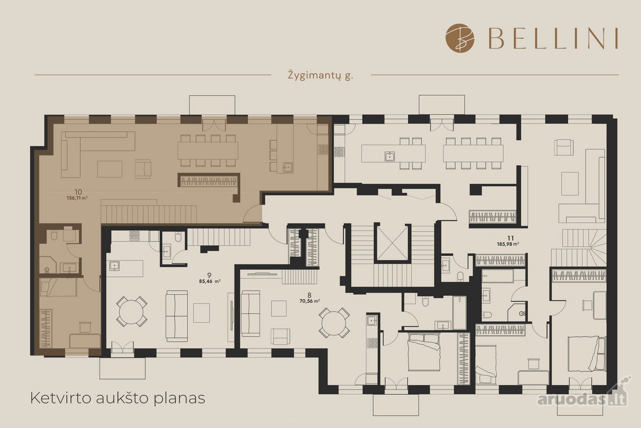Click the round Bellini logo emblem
tap(460, 38)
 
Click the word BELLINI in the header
tap(553, 38)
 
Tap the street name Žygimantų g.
tap(320, 75)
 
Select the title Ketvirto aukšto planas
tap(118, 398)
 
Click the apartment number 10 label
tap(78, 192)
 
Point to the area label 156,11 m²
tap(77, 198)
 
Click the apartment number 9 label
tap(209, 275)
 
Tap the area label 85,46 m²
tap(210, 281)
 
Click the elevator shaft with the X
tap(392, 243)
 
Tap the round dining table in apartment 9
tap(131, 311)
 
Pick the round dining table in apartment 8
tap(334, 323)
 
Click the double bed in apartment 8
tap(424, 352)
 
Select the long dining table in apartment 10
tap(208, 151)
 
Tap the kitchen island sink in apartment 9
tap(114, 266)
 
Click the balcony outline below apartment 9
tap(122, 368)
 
